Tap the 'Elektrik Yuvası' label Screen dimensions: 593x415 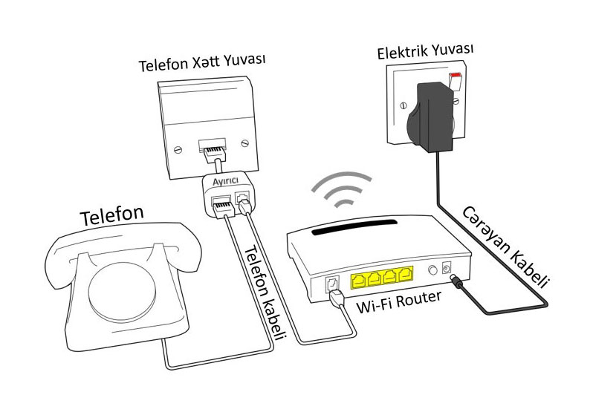pos(425,51)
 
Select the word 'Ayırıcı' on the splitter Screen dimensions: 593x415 pos(225,181)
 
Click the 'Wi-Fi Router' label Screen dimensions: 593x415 pos(398,302)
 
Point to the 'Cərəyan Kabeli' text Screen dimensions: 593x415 pos(505,247)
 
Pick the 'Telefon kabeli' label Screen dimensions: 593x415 pos(265,293)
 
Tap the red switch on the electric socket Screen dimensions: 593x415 pos(456,75)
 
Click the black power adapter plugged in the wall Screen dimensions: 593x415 pos(430,118)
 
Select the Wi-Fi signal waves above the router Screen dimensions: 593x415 pos(343,189)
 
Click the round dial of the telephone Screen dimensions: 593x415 pos(122,289)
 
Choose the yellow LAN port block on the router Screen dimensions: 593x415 pos(382,278)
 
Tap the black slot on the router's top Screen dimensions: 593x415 pos(354,227)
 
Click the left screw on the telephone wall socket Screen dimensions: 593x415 pos(178,150)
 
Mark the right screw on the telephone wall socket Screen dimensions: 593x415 pos(245,143)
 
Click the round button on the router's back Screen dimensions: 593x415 pos(432,270)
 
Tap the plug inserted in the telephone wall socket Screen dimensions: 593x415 pos(215,153)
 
